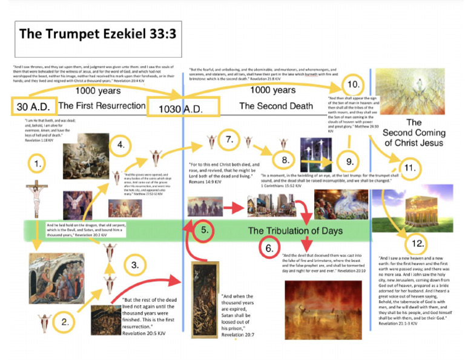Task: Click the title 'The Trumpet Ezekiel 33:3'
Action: [97, 33]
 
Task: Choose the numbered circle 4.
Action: [121, 145]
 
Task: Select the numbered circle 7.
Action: [229, 141]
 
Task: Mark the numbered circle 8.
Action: [284, 161]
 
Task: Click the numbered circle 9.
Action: [349, 161]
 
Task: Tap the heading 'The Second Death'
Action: [275, 106]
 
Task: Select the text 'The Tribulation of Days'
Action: [295, 230]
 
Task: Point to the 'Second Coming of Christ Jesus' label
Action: [414, 132]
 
